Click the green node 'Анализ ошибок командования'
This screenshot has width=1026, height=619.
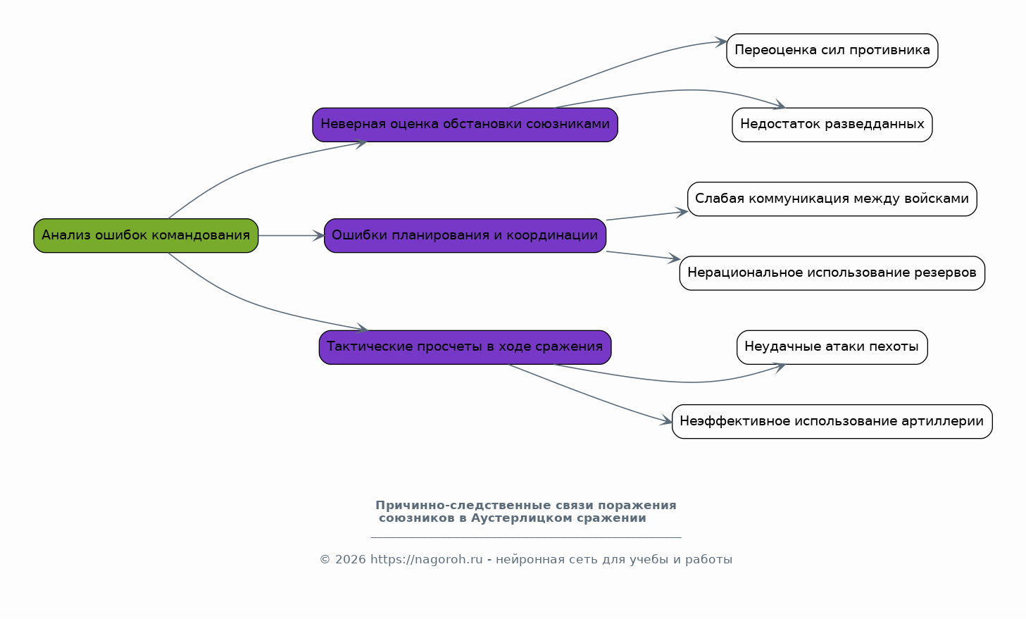tap(146, 235)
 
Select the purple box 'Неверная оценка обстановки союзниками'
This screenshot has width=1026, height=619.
tap(465, 125)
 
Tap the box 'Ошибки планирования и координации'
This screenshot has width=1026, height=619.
tap(465, 235)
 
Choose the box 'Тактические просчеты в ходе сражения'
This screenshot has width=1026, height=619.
tap(465, 347)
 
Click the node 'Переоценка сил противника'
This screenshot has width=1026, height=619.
tap(832, 51)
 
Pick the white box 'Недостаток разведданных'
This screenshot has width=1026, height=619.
tap(832, 125)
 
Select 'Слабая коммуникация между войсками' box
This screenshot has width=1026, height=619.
tap(832, 199)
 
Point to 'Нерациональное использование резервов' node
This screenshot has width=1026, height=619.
tap(832, 273)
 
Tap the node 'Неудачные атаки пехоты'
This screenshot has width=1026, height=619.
tap(832, 347)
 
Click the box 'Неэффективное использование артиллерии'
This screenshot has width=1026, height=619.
tap(832, 422)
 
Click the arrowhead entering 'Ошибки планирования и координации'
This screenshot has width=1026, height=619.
tap(319, 235)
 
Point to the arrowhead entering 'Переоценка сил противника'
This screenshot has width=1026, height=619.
tap(721, 42)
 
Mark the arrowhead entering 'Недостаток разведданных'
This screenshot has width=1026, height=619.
tap(780, 104)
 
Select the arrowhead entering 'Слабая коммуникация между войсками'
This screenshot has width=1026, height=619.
tap(682, 212)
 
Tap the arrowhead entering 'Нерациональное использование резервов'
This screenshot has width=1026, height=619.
tap(674, 258)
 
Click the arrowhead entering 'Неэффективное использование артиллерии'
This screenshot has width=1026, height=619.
tap(666, 420)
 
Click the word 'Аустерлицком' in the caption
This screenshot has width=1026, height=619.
tap(522, 518)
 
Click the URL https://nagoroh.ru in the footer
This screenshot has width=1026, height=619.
tap(427, 559)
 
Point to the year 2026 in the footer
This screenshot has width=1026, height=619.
tap(351, 559)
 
